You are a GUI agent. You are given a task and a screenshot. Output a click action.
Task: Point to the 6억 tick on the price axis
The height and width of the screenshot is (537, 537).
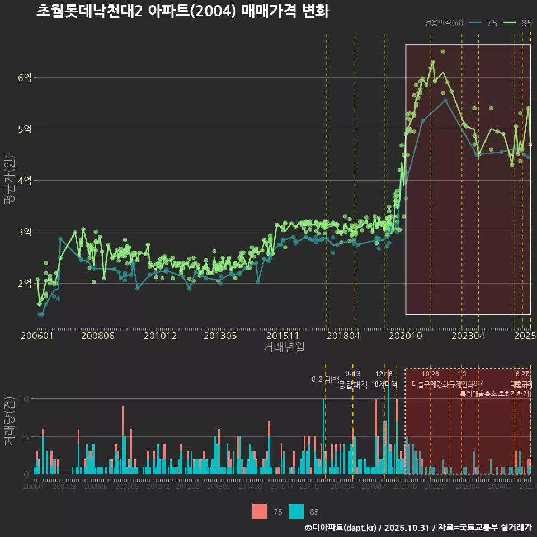(x=25, y=78)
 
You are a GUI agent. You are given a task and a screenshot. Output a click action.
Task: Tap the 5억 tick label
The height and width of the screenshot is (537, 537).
(x=25, y=129)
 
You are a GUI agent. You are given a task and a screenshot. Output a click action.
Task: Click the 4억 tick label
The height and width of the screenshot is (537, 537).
(x=25, y=181)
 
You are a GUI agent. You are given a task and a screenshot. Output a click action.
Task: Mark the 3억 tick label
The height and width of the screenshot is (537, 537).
(x=25, y=232)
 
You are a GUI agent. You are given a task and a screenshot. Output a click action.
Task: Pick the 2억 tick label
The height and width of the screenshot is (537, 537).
(x=25, y=284)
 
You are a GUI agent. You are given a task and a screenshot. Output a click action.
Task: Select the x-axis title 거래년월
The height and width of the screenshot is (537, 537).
(x=284, y=347)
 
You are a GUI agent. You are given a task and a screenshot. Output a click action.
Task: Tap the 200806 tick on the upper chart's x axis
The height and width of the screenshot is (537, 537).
(x=98, y=336)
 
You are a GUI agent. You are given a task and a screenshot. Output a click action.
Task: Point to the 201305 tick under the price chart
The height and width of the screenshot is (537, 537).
(x=220, y=336)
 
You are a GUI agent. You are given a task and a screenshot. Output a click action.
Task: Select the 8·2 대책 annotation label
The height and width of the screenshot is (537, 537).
(x=326, y=379)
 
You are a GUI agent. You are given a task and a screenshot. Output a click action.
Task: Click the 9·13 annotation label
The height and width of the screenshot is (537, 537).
(x=352, y=374)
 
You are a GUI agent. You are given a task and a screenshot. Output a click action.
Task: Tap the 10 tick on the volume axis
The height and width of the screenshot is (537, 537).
(x=23, y=399)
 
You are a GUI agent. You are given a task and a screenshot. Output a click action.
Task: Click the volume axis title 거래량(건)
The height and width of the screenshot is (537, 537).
(x=9, y=421)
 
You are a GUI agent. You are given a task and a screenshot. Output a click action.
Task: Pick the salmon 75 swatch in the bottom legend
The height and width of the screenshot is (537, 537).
(x=260, y=511)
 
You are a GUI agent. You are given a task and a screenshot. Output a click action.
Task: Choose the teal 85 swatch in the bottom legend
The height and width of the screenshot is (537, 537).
(x=296, y=511)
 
